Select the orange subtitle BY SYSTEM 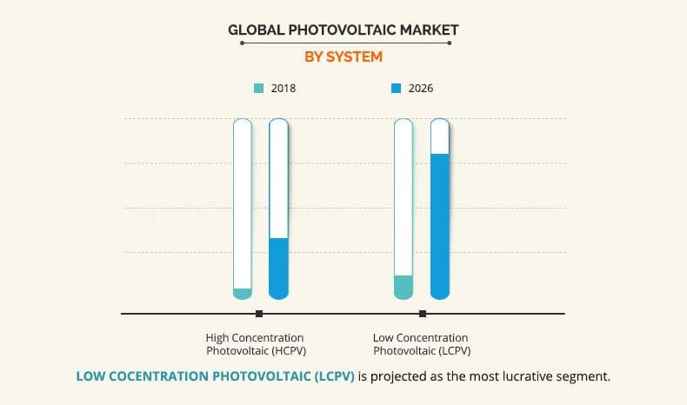click(x=343, y=56)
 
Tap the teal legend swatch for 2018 click(x=258, y=89)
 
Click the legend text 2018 click(x=283, y=89)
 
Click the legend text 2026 click(x=421, y=89)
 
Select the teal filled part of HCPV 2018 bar click(x=243, y=293)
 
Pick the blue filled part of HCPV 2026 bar click(x=278, y=268)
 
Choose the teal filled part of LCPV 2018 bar click(x=404, y=286)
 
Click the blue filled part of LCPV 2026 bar click(x=440, y=226)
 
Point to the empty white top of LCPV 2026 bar click(x=440, y=137)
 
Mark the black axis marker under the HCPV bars click(x=259, y=314)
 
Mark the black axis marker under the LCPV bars click(x=423, y=314)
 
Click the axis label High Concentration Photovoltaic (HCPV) click(x=255, y=344)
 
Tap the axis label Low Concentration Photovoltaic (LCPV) click(x=420, y=344)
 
